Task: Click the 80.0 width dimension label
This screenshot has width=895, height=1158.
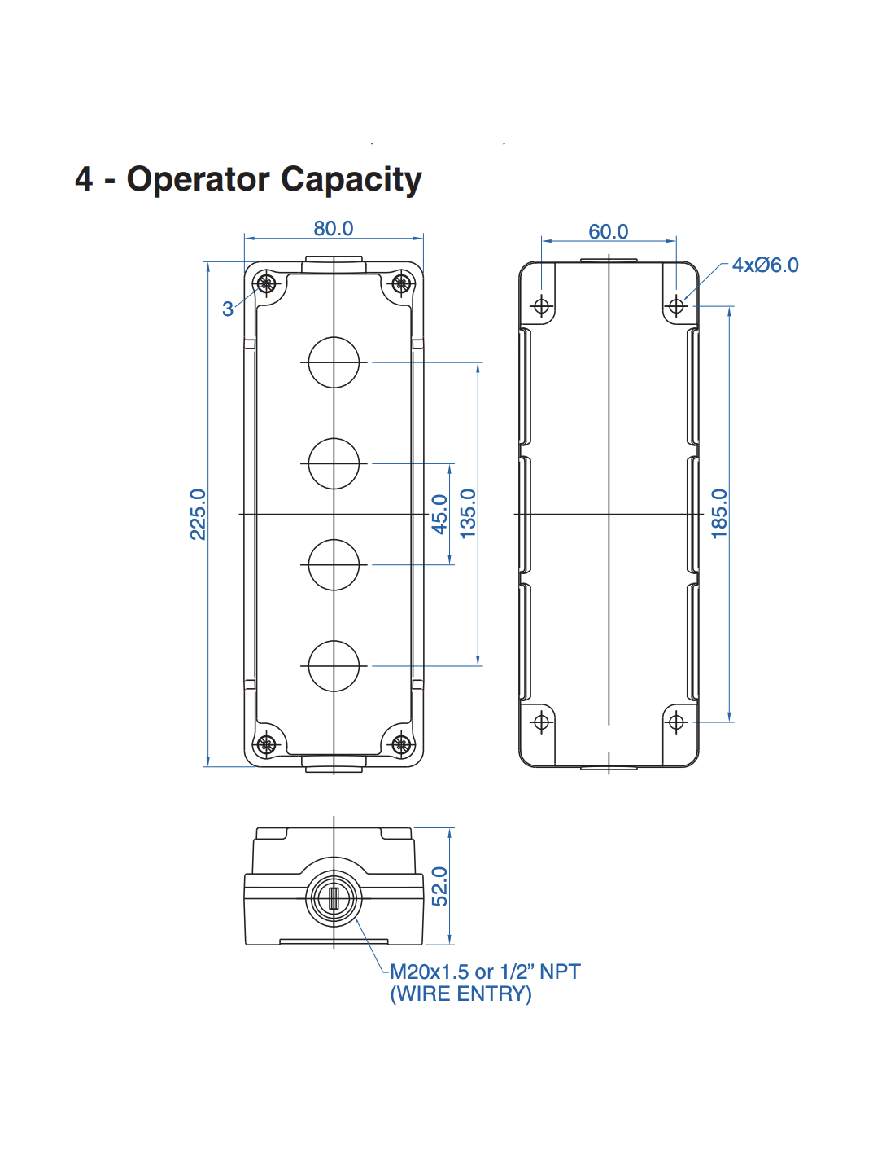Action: [334, 229]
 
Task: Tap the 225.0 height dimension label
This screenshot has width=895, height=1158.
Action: [198, 514]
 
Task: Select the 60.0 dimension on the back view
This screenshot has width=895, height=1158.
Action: [608, 232]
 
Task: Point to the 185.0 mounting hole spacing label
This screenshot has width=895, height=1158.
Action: [719, 514]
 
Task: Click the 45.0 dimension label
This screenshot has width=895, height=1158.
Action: [439, 514]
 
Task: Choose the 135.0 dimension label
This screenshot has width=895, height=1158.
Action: [468, 514]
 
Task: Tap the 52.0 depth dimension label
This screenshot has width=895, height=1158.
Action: [439, 886]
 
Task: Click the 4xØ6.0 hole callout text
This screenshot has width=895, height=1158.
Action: [765, 265]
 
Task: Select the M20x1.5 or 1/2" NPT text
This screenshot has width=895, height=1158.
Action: [485, 972]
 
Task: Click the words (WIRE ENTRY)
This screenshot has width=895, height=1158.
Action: [461, 994]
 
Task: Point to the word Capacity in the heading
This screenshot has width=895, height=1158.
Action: [351, 180]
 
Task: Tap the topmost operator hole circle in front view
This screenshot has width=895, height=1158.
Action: [334, 362]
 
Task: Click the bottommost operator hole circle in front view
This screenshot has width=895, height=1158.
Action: [334, 665]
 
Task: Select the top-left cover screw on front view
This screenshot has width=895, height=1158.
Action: [266, 284]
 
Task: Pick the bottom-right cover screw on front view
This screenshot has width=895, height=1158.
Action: [401, 743]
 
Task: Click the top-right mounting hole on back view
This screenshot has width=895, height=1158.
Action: [676, 306]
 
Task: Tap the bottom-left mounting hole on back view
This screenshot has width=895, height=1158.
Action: [542, 722]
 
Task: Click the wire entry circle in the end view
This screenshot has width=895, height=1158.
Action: [334, 898]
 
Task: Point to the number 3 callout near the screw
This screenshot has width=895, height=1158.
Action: [228, 309]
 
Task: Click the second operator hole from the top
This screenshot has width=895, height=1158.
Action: [334, 463]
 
